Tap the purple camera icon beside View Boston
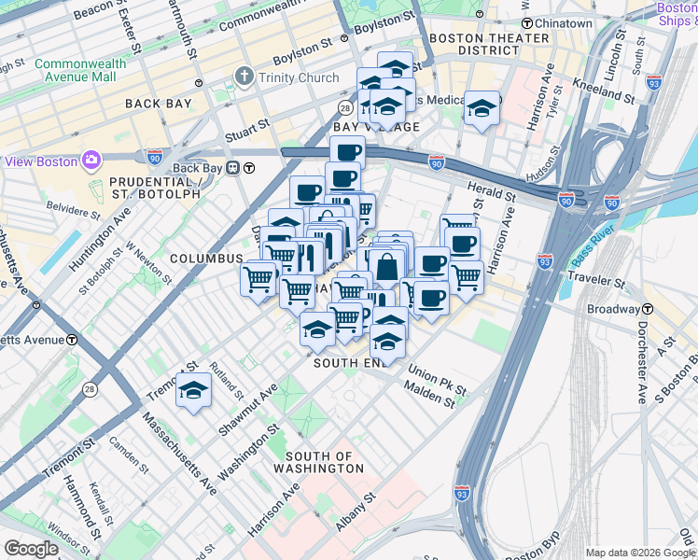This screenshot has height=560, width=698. pos(92,161)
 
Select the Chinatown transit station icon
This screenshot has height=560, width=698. pos(527,22)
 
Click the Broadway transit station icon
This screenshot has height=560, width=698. pos(647,309)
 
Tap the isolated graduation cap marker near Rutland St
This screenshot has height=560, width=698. pos(194,389)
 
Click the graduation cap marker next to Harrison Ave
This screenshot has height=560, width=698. pos(482,108)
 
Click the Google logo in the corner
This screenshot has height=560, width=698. pos(32,549)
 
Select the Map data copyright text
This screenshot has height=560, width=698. pos(640,553)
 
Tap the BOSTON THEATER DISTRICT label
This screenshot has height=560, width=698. pos(490,44)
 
